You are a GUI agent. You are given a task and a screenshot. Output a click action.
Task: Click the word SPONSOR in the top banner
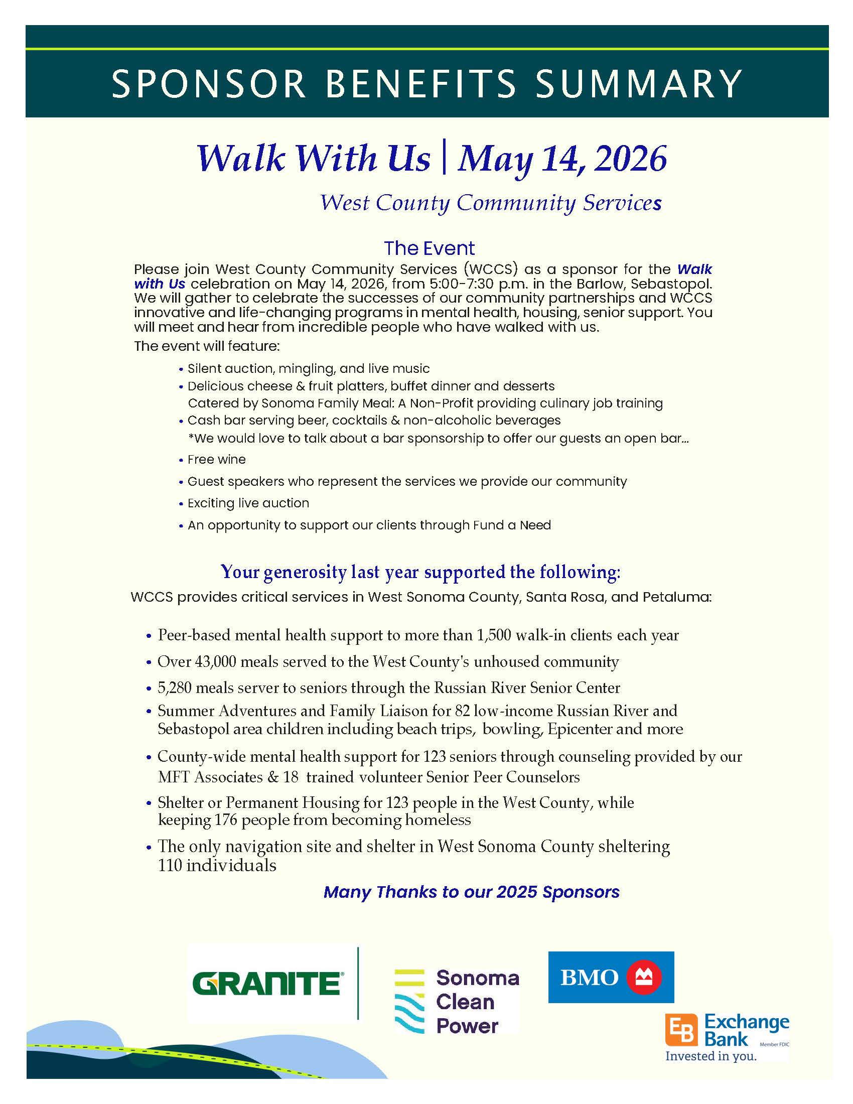tap(208, 83)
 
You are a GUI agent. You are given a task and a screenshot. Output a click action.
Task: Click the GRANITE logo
tap(267, 983)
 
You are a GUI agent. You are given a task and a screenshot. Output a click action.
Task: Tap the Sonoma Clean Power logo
tap(456, 1002)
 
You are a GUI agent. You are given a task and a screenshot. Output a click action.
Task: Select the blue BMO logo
tap(611, 977)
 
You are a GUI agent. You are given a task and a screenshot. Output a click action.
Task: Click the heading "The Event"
tap(429, 248)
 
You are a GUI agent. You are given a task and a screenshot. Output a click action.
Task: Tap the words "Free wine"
tap(216, 460)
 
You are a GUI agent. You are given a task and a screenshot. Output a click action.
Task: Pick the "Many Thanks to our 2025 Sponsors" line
tap(471, 892)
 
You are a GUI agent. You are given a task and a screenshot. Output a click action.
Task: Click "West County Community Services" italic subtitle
tap(491, 203)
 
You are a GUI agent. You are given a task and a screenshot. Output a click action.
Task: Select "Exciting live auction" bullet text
tap(248, 503)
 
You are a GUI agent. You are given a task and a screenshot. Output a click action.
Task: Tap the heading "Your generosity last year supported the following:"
tap(420, 572)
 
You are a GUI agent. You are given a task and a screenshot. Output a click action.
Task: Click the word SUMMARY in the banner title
tap(638, 83)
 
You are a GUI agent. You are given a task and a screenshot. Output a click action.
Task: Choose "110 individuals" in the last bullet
tap(217, 865)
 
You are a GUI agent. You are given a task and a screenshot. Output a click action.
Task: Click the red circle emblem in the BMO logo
tap(644, 977)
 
